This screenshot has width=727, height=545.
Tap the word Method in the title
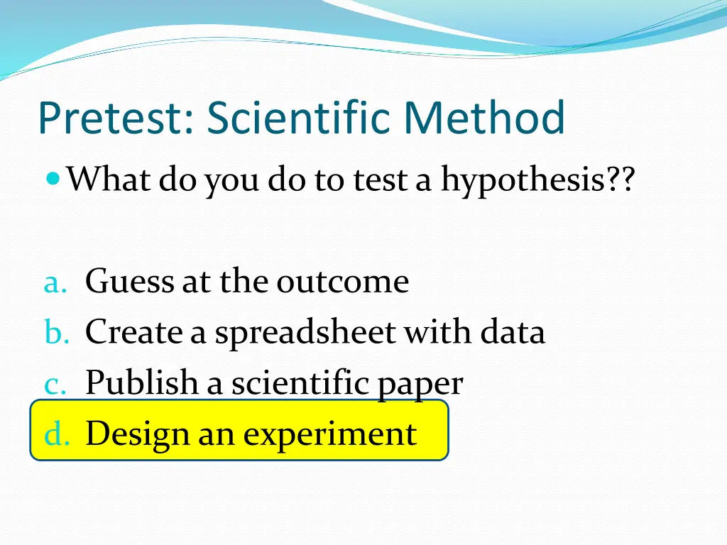(x=485, y=119)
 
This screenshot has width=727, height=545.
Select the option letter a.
(x=55, y=284)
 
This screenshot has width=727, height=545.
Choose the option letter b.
(x=55, y=333)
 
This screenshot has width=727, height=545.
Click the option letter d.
(x=56, y=434)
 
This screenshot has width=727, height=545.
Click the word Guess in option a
(x=129, y=282)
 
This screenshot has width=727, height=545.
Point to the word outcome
(x=343, y=282)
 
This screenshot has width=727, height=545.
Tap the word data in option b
(x=513, y=332)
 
